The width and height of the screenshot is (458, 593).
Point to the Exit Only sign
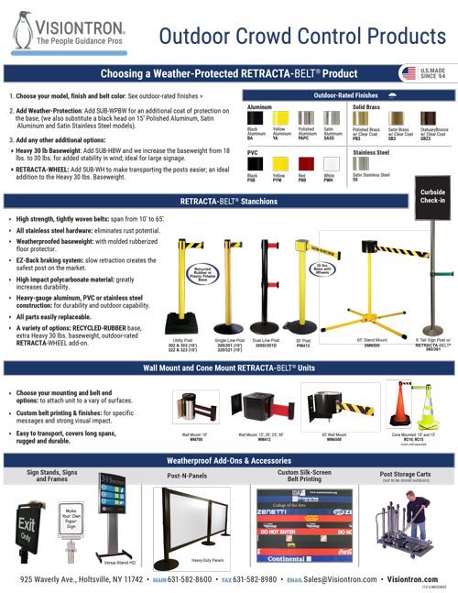coord(28,528)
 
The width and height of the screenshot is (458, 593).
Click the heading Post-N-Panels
coord(191,477)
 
